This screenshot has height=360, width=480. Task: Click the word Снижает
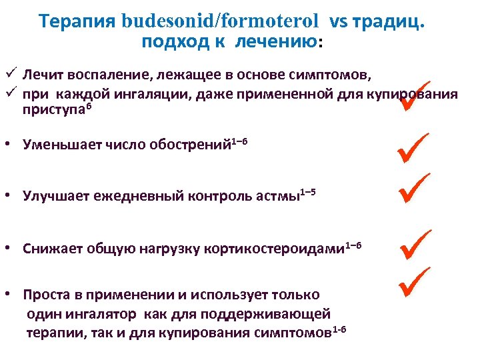point(52,249)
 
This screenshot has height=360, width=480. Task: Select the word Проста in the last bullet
point(45,295)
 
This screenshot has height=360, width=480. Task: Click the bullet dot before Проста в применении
point(12,295)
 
